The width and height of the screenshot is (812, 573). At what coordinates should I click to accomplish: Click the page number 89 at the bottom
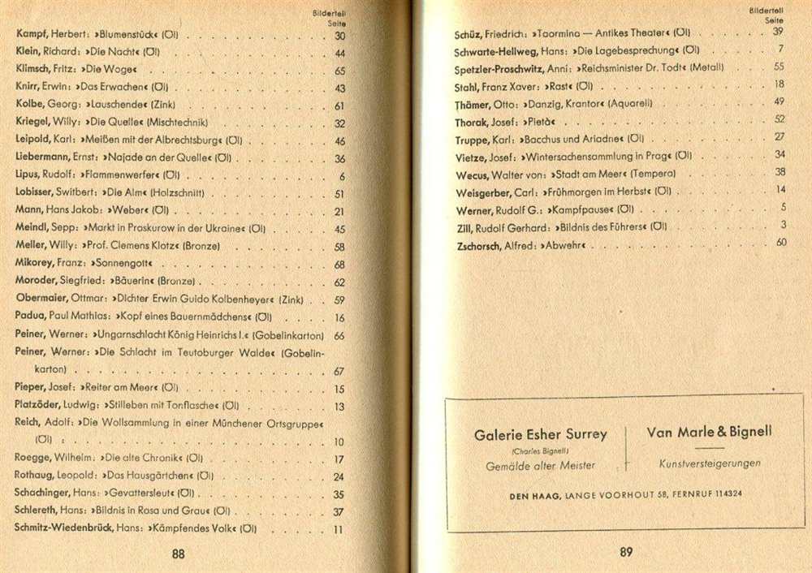click(x=626, y=552)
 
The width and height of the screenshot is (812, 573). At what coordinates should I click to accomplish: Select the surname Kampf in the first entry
click(x=33, y=36)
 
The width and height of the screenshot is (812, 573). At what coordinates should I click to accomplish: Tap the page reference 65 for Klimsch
click(x=339, y=71)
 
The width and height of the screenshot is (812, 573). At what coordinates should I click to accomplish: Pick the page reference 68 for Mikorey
click(x=339, y=265)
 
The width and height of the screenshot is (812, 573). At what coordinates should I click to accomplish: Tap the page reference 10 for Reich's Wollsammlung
click(x=339, y=442)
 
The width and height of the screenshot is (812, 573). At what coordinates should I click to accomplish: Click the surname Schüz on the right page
click(x=472, y=32)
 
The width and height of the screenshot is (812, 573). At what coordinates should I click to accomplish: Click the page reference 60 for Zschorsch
click(x=781, y=242)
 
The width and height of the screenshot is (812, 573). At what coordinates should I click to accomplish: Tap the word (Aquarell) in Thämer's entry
click(x=628, y=103)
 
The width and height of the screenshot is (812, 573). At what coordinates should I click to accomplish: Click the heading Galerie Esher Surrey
click(x=540, y=434)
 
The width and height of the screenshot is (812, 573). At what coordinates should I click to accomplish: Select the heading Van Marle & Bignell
click(x=709, y=431)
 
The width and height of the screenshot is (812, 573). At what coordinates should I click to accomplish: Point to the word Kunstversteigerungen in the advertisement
click(x=710, y=463)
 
